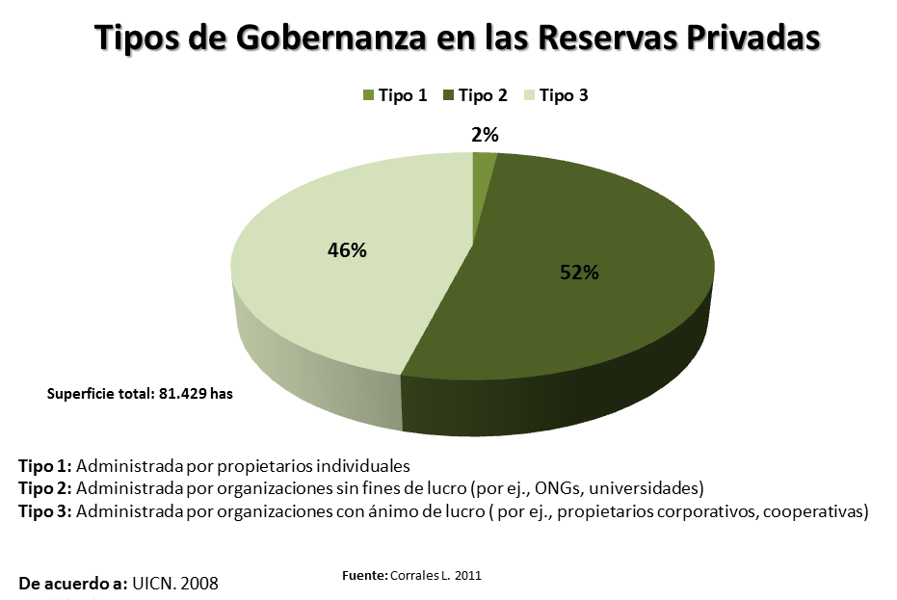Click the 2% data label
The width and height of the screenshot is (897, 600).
point(485,136)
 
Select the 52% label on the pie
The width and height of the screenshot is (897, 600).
point(580,273)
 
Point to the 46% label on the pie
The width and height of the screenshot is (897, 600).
point(347,250)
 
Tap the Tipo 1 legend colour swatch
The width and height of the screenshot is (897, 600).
point(368,95)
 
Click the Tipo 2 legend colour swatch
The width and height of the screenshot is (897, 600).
point(449,95)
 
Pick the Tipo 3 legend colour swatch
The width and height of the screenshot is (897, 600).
point(529,95)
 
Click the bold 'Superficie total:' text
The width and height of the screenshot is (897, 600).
point(100,394)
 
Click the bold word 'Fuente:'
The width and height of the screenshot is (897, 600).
point(365,575)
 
